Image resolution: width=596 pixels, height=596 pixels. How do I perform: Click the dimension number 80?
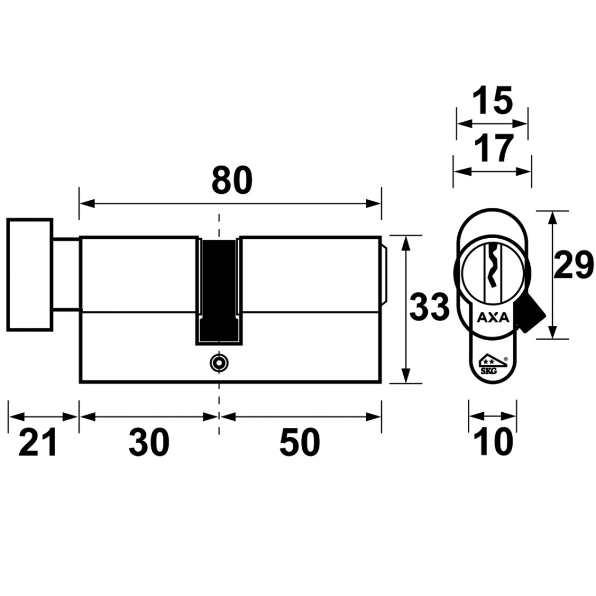click(232, 179)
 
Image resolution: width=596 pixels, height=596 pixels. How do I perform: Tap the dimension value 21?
click(37, 442)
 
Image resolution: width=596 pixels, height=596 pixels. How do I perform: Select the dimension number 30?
click(149, 442)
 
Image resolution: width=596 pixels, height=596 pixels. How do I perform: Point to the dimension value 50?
click(300, 442)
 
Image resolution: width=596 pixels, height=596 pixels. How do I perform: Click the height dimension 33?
click(429, 305)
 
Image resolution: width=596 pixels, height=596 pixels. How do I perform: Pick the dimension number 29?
click(573, 265)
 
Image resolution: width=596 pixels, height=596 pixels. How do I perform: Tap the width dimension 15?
click(492, 101)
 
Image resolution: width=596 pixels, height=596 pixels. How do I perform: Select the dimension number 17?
click(493, 148)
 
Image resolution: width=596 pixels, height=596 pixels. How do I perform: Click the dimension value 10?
click(493, 442)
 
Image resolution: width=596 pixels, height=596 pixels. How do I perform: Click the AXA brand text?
click(492, 317)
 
